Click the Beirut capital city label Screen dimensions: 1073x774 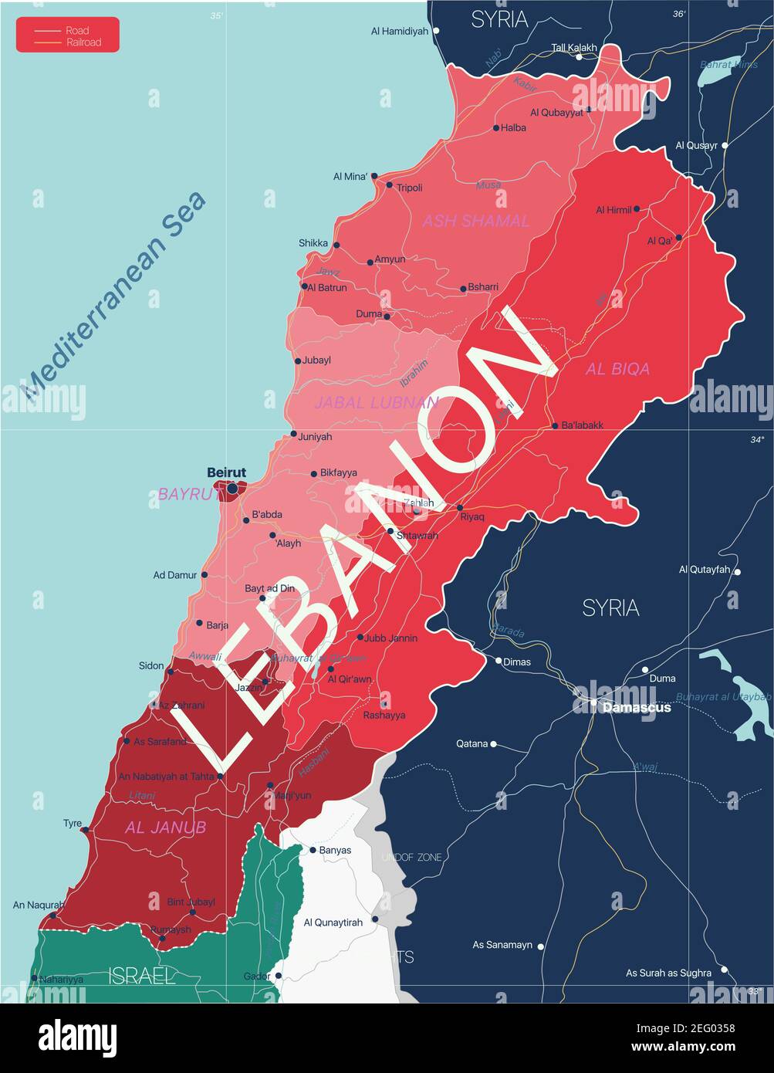point(226,472)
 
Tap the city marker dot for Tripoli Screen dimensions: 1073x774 point(390,185)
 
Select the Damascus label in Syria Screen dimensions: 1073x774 point(637,707)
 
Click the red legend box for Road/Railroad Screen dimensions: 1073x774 point(68,35)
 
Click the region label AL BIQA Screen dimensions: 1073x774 point(617,369)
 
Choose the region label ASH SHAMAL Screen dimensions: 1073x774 point(475,222)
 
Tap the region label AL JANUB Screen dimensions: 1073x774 point(165,828)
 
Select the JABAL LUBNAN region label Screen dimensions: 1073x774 point(376,402)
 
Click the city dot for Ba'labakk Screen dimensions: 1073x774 point(555,425)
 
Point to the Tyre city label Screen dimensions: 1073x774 point(73,824)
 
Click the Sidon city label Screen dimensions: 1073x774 point(151,665)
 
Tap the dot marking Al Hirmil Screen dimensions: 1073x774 point(637,208)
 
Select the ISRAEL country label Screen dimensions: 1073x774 point(142,976)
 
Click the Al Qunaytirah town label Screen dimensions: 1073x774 point(333,922)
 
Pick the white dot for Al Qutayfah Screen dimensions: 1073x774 point(737,572)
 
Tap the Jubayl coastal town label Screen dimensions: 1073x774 point(316,360)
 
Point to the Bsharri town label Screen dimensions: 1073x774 point(483,287)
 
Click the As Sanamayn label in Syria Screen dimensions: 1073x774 point(502,945)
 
